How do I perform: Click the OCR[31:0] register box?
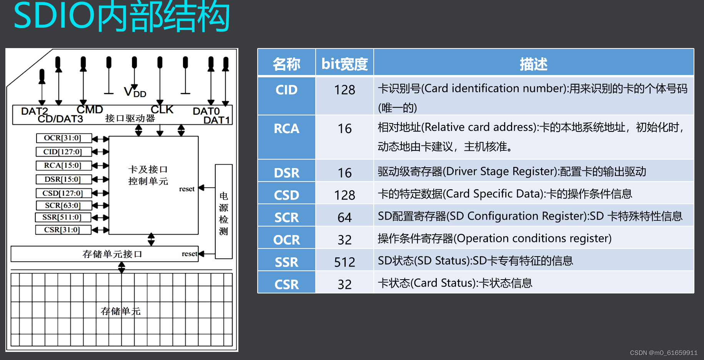coord(64,138)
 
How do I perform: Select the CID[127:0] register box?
coord(64,152)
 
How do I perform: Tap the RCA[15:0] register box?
coord(64,165)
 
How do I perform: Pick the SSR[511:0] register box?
coord(63,217)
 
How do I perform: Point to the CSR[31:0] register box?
coord(63,230)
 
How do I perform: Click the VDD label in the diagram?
coord(135,92)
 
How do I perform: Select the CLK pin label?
coord(162,110)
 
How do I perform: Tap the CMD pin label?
coord(90,110)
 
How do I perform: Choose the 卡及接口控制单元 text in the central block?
coord(148,175)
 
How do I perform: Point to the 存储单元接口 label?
coord(112,254)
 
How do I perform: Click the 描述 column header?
coord(533,64)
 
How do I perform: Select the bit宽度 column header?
coord(345,64)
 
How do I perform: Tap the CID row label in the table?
coord(286,90)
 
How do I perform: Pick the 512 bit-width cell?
coord(345,262)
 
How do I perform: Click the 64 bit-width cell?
coord(345,218)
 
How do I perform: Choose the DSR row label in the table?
coord(286,173)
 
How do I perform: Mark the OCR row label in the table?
coord(286,240)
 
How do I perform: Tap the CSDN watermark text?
coord(663,353)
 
